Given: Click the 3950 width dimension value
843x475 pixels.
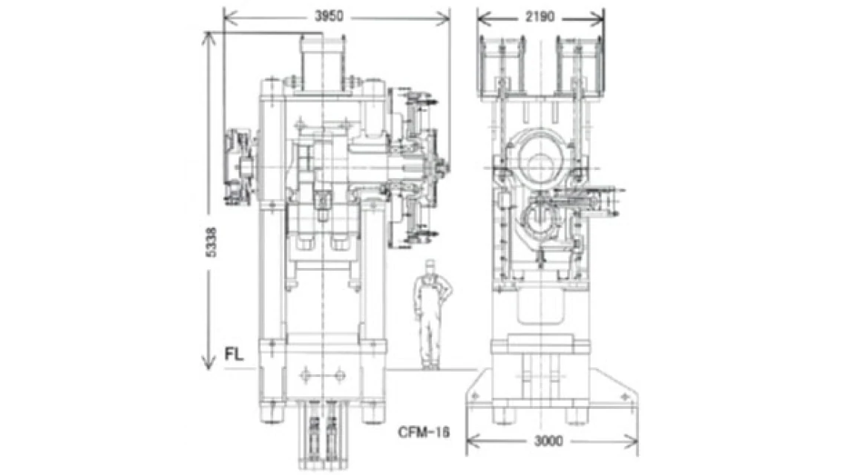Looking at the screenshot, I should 329,16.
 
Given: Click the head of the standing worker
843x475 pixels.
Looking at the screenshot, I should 428,266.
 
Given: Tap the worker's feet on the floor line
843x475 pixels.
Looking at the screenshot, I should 429,365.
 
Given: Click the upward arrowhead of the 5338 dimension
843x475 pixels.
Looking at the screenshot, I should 208,37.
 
